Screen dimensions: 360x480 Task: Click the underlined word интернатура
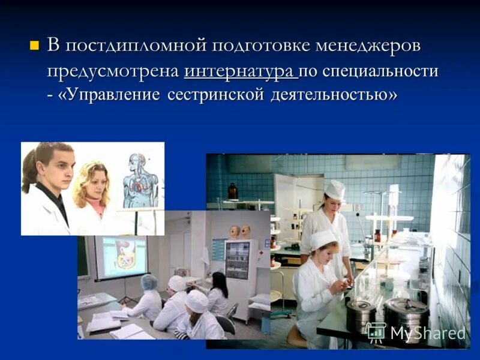[x=240, y=71]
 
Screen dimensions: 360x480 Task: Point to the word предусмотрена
[x=113, y=71]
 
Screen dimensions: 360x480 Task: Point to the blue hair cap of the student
[x=149, y=281]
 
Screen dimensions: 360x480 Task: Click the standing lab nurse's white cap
[x=335, y=189]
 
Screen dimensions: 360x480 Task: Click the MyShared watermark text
[x=427, y=333]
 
